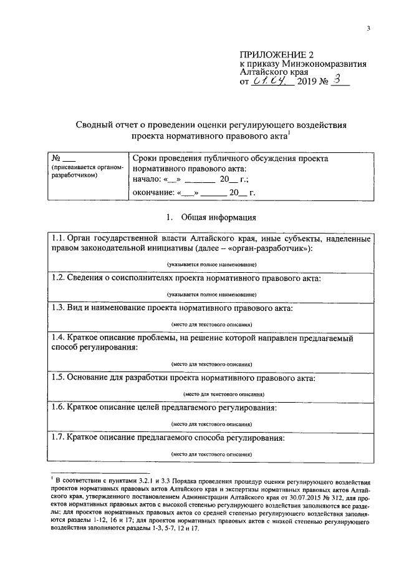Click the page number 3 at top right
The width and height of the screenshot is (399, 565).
[368, 28]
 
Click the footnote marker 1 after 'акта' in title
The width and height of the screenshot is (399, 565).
[291, 132]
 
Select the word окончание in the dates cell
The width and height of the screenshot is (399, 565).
[152, 192]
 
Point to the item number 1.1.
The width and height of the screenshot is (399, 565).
[58, 240]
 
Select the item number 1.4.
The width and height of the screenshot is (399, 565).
[59, 338]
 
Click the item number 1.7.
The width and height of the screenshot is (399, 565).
[59, 438]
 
